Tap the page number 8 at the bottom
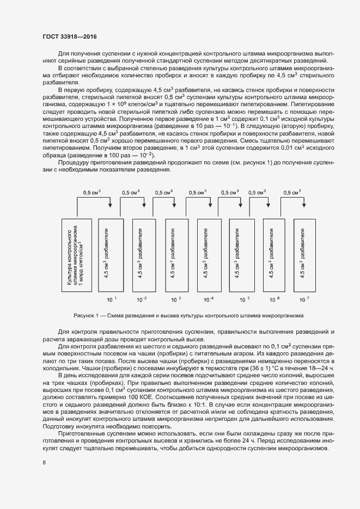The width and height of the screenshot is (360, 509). click(44, 463)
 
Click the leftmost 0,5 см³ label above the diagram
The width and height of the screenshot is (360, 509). click(91, 193)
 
